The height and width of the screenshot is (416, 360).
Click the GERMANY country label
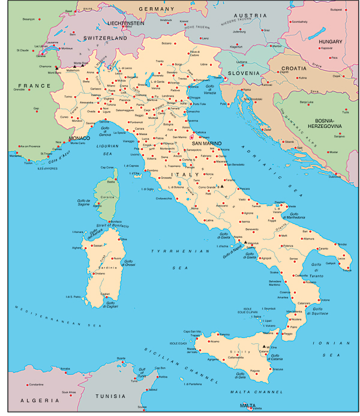(155, 9)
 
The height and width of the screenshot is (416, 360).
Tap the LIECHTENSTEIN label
(126, 23)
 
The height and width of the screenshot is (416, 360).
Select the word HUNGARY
(330, 41)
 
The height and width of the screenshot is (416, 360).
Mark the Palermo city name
(224, 334)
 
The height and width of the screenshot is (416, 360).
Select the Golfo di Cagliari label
(111, 304)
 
